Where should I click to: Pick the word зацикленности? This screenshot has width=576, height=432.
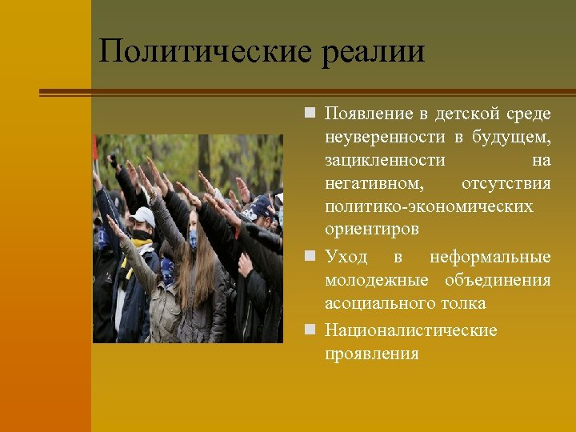point(385,161)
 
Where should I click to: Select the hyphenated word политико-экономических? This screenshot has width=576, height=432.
point(429,207)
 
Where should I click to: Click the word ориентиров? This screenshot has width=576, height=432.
point(371,230)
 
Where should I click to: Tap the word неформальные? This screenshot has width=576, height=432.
point(490,257)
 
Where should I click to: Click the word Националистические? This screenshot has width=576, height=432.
point(410,330)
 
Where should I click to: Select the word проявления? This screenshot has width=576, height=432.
point(371,354)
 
